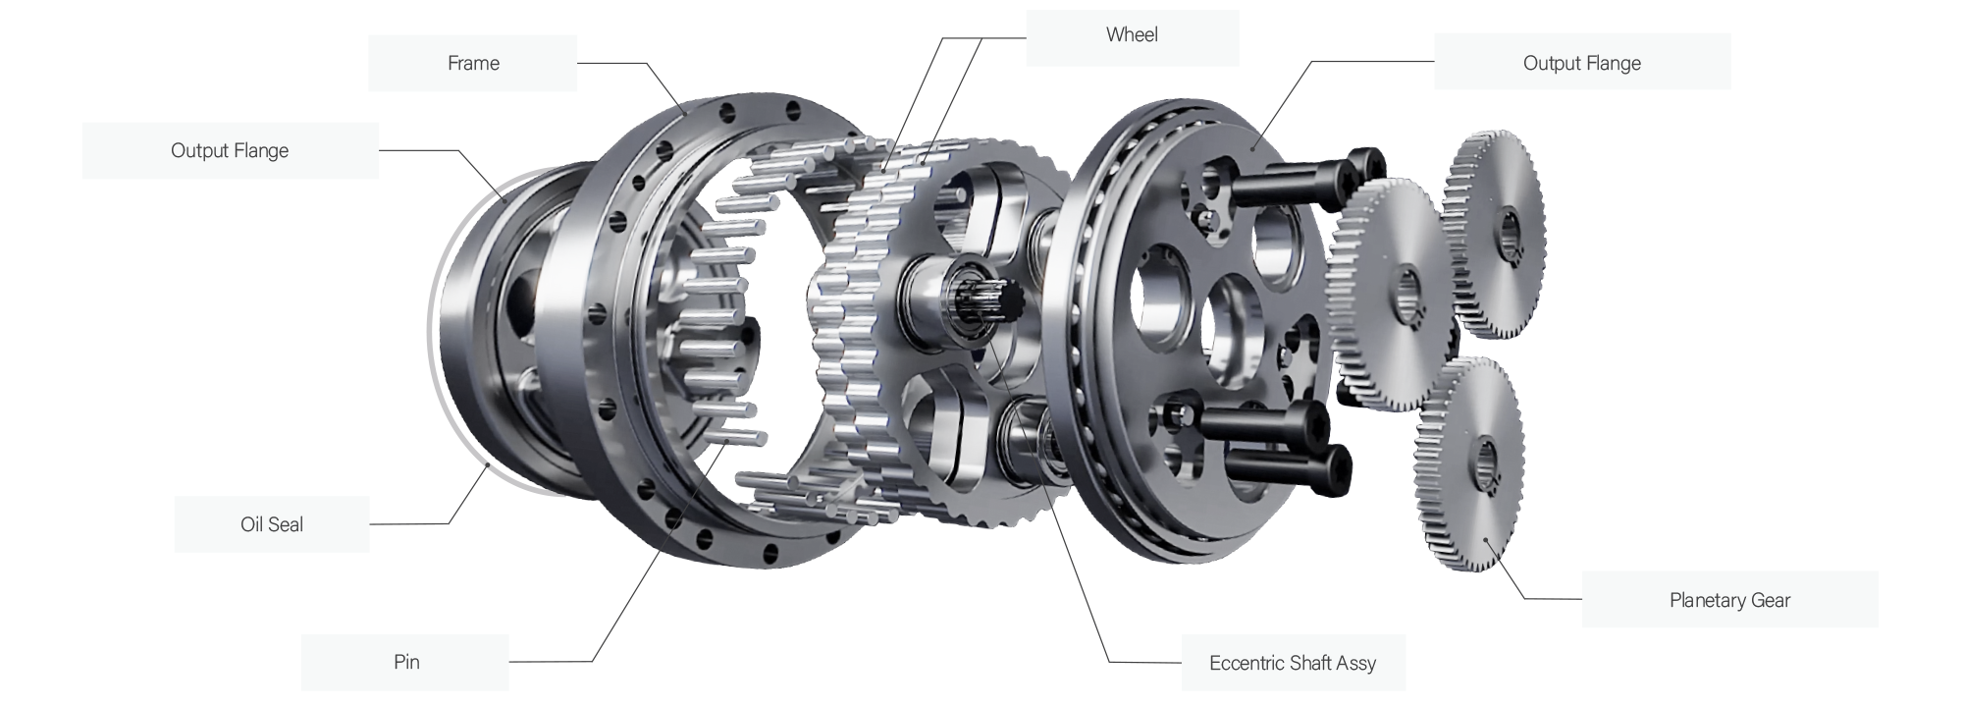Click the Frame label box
pos(472,63)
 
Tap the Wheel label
pos(1132,35)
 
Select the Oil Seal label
pos(272,524)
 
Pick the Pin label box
pos(405,662)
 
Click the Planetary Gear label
pos(1729,600)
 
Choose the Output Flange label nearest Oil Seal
pos(230,150)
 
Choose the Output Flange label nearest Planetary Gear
pos(1582,63)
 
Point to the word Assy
pos(1356,664)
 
